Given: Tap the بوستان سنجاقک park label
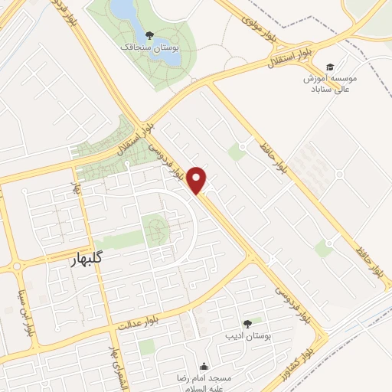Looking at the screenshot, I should (x=152, y=47).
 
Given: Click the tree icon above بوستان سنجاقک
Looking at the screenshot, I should (x=149, y=35).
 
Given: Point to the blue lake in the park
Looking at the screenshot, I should (x=123, y=9).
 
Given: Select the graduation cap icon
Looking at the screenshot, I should (x=330, y=66).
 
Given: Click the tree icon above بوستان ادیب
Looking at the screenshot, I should (x=247, y=325).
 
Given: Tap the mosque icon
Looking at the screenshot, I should (x=204, y=366).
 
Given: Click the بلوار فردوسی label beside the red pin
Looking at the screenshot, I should (x=169, y=161).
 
